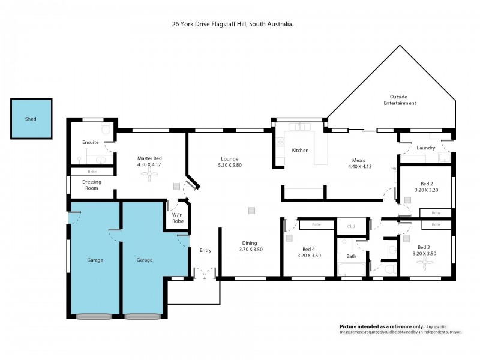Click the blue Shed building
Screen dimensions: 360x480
pyautogui.click(x=31, y=119)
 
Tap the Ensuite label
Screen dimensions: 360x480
pyautogui.click(x=91, y=142)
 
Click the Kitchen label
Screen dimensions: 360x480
pyautogui.click(x=300, y=150)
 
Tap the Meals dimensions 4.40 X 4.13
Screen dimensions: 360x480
pyautogui.click(x=360, y=166)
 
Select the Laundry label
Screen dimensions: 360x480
pyautogui.click(x=425, y=148)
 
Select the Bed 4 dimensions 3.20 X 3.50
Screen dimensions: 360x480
pyautogui.click(x=310, y=256)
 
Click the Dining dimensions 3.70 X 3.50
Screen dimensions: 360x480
pyautogui.click(x=251, y=249)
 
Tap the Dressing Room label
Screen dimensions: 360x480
pyautogui.click(x=91, y=185)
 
